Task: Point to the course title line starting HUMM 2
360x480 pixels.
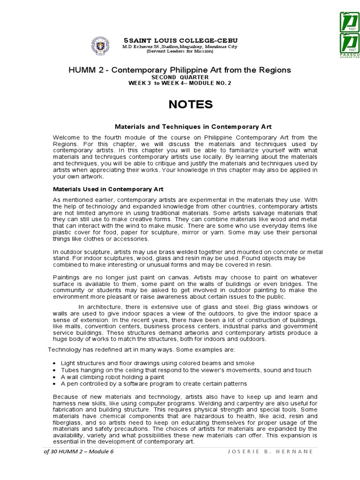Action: (x=180, y=70)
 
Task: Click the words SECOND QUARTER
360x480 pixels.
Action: (x=180, y=77)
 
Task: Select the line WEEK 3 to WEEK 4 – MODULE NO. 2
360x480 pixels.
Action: (x=180, y=83)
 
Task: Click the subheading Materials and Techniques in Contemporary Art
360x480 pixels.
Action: (x=194, y=127)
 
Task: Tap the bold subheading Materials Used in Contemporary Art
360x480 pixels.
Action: (x=107, y=189)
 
